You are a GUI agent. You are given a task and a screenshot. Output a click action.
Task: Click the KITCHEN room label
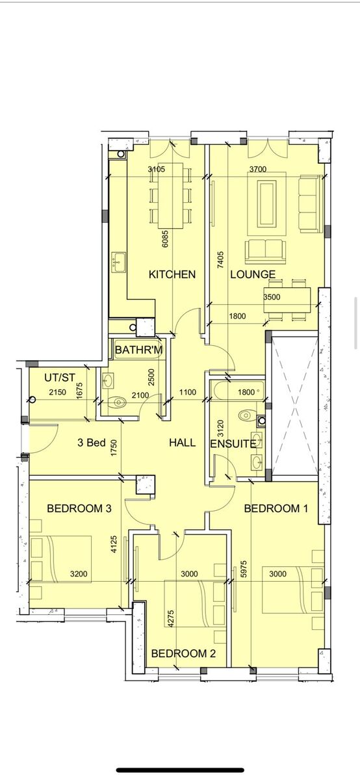[172, 274]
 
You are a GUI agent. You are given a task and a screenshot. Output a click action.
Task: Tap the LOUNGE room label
[253, 274]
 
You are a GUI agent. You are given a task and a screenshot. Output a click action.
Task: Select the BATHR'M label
[138, 350]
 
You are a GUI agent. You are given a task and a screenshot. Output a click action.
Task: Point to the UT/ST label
[60, 378]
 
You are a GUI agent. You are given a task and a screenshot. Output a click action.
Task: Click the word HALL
[182, 443]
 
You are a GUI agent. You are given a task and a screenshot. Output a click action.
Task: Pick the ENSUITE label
[233, 444]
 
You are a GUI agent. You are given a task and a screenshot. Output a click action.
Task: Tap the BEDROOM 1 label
[276, 508]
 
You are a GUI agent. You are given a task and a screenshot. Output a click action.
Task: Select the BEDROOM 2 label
[183, 653]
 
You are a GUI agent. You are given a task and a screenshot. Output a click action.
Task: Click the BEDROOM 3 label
[79, 508]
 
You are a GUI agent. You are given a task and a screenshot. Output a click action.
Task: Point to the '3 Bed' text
[91, 443]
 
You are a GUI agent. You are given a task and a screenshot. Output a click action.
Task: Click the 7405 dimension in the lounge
[220, 260]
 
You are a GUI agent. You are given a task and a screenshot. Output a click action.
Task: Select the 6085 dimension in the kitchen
[165, 239]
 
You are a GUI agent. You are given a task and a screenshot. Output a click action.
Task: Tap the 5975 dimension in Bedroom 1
[244, 569]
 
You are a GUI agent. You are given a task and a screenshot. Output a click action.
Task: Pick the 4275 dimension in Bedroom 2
[171, 618]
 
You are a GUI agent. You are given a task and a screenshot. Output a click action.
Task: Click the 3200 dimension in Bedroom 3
[79, 573]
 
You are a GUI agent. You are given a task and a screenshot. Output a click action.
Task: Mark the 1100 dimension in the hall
[188, 393]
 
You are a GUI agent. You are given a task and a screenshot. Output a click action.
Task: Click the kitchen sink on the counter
[118, 263]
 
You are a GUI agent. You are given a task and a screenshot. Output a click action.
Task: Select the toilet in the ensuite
[247, 415]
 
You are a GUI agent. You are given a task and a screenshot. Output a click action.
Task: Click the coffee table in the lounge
[266, 203]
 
